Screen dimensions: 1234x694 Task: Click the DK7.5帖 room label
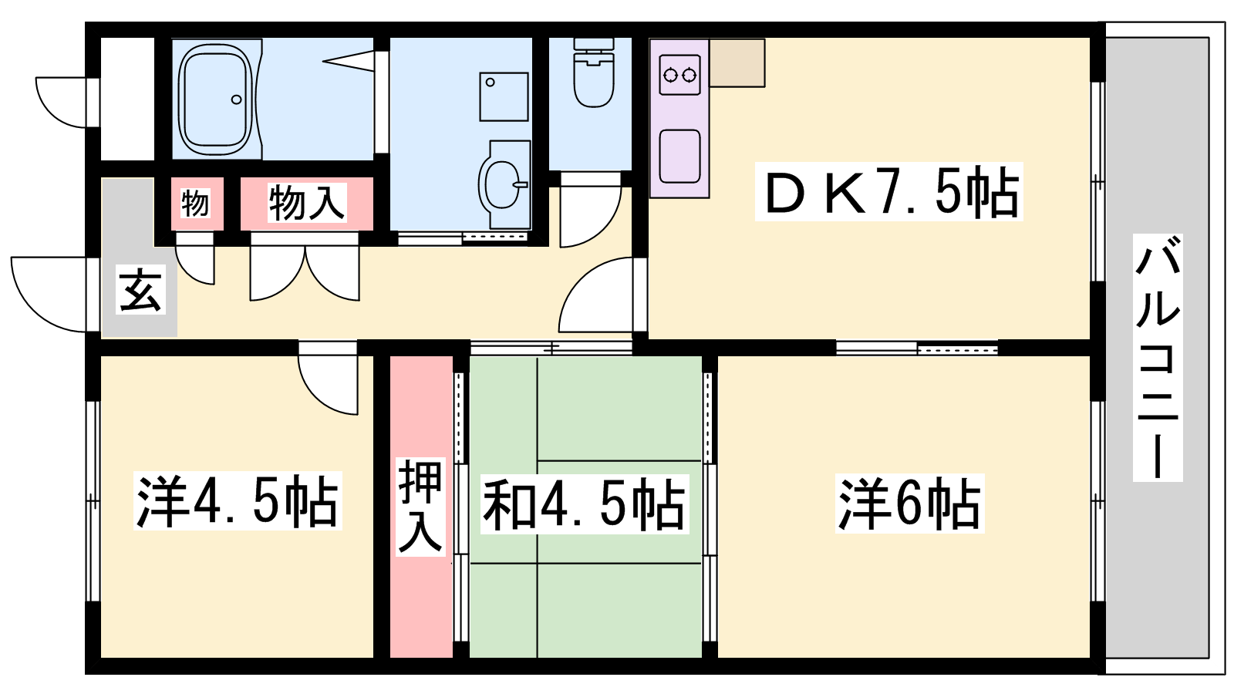point(888,192)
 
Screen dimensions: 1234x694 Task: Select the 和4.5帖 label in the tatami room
point(585,504)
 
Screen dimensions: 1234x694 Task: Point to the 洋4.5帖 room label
point(238,500)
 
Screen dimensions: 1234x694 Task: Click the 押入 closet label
point(420,506)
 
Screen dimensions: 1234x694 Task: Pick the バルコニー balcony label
point(1158,358)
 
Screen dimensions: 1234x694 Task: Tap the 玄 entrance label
point(140,290)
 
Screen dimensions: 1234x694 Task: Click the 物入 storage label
point(307,203)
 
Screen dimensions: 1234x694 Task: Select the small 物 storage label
point(196,203)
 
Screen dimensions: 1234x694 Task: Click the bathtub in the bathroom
point(216,99)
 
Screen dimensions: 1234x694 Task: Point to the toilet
point(593,72)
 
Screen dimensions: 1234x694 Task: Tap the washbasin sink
point(504,184)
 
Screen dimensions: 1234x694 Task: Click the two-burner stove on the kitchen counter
point(679,74)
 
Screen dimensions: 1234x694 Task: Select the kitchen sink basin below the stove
point(679,156)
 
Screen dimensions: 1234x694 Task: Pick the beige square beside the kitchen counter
point(737,62)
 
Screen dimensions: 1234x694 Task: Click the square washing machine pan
point(504,97)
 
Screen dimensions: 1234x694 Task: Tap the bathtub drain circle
point(236,99)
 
